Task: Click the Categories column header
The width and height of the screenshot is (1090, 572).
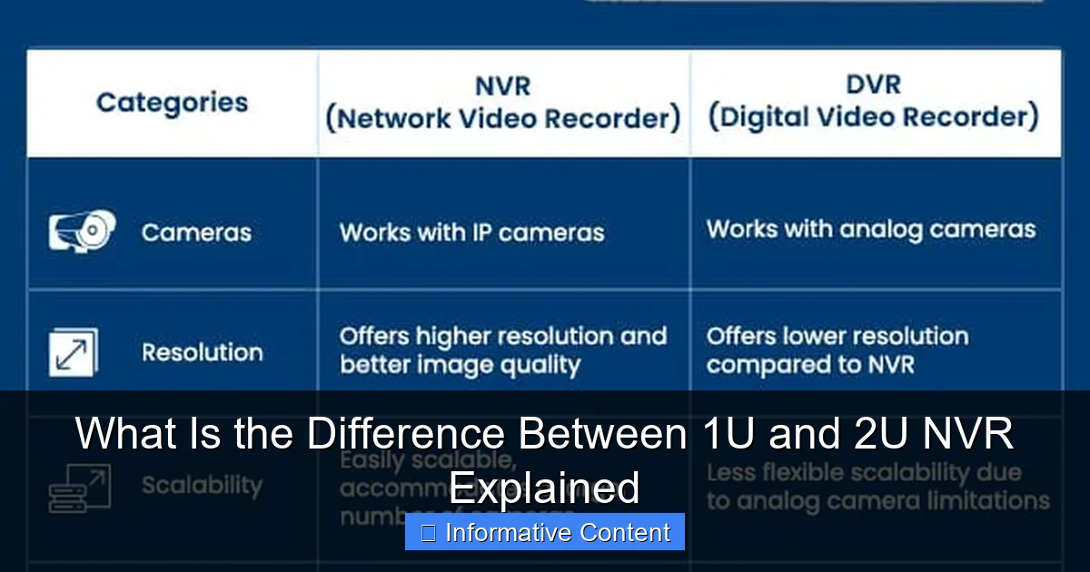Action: [x=172, y=103]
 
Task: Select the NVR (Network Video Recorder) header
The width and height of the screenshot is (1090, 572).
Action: [x=502, y=103]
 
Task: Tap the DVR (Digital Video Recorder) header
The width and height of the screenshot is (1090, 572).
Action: [x=873, y=102]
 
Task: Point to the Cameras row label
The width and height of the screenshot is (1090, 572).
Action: [x=196, y=232]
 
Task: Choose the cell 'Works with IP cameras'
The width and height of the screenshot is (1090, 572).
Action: [x=471, y=232]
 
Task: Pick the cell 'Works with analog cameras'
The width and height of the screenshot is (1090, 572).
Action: [x=871, y=229]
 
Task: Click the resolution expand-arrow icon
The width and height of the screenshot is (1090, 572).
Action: [x=73, y=352]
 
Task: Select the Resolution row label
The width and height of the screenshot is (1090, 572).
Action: [x=202, y=352]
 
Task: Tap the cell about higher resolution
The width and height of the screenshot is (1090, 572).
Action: [x=502, y=350]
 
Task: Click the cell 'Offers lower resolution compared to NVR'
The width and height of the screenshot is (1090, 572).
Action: [x=837, y=350]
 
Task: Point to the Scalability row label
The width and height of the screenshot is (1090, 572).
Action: [x=202, y=486]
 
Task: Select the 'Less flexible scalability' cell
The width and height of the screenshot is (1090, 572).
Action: [x=877, y=487]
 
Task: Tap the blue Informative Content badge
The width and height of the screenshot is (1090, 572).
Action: [x=545, y=532]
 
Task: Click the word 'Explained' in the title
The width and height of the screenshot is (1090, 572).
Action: [x=545, y=488]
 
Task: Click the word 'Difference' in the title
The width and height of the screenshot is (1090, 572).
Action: [x=405, y=434]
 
